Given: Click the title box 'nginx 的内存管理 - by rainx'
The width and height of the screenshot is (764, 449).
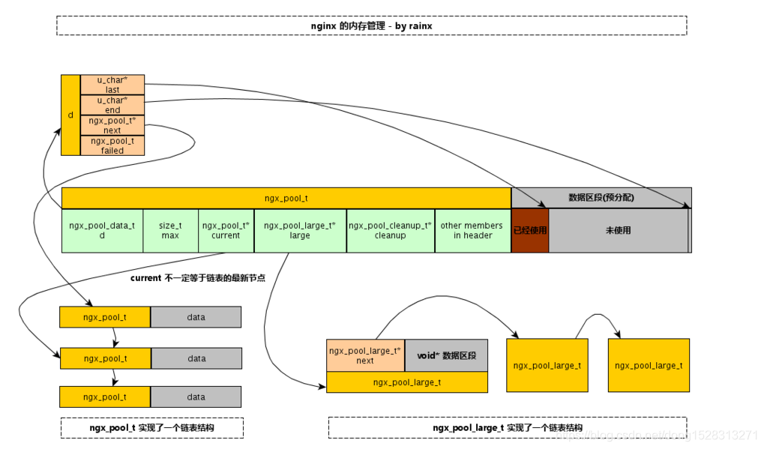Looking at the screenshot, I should pos(372,25).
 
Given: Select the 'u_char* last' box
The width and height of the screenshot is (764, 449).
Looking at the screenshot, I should pos(112,85).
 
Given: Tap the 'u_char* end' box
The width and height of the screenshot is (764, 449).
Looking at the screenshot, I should pos(112,105).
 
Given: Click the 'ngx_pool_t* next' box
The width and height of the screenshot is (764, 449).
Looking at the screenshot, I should pos(112,125).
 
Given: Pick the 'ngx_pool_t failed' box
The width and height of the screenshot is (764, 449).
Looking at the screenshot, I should pos(112,145).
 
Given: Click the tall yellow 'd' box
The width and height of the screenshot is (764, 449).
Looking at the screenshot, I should pos(70,115).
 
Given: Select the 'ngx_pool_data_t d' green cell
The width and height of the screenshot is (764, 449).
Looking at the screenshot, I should pos(102,230).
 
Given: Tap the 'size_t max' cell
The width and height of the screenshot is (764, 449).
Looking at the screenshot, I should pos(170,230).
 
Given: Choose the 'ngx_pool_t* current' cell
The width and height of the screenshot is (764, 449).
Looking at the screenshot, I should pos(226,230).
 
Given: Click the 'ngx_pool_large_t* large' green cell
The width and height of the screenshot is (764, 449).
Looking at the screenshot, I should pos(300,230).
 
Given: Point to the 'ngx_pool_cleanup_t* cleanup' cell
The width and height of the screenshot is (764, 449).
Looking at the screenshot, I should pos(390,230).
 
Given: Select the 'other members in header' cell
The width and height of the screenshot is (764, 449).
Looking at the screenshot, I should pos(472,230).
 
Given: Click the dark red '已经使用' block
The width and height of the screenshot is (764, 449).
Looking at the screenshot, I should pos(530,230).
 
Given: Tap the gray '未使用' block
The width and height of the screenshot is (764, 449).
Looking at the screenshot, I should pos(618,230).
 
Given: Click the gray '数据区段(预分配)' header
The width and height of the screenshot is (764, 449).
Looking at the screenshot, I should pos(601,198).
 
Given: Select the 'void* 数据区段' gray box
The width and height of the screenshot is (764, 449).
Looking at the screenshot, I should pos(446,355).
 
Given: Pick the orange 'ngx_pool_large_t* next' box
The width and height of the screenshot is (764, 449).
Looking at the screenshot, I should pos(365,355).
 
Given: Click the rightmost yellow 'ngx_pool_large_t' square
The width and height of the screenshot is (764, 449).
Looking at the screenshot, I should pos(649,365).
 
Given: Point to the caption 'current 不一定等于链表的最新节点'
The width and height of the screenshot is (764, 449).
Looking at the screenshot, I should pos(202,278).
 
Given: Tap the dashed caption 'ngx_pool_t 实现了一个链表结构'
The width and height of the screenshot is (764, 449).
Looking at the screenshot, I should pos(151,428).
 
